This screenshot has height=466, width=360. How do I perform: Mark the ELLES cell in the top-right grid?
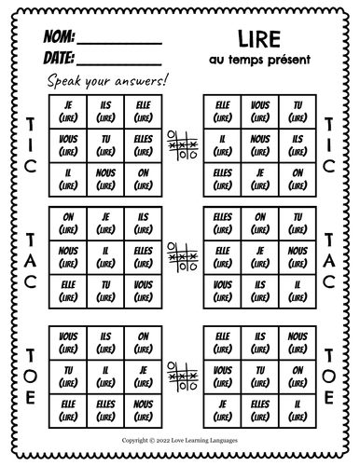222,174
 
